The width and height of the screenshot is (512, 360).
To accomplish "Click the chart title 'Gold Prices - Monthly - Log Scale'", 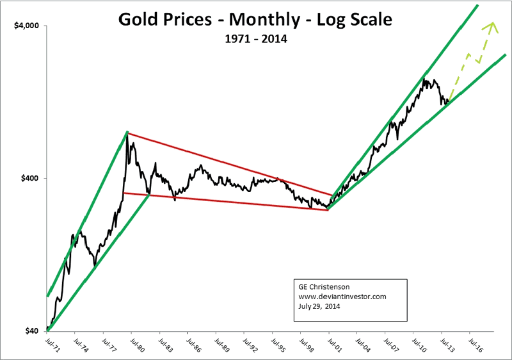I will [x=256, y=20].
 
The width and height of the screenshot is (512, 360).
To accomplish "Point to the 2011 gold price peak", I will [x=424, y=79].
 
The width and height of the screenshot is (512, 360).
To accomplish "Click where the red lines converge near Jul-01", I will [x=328, y=208].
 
